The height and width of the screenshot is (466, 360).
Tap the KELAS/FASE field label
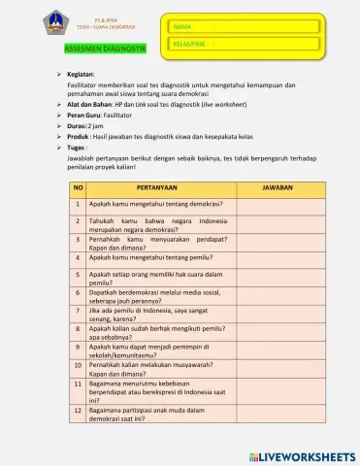pyautogui.click(x=189, y=45)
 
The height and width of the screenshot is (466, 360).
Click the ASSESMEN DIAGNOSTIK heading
pyautogui.click(x=105, y=48)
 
